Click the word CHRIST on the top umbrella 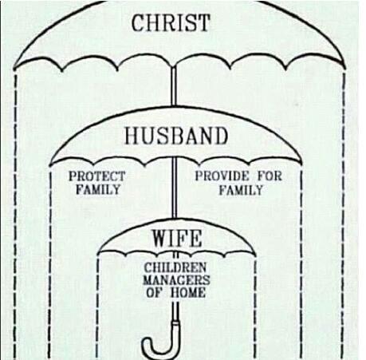[171, 22]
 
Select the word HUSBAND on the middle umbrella [176, 136]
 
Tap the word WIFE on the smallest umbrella [177, 238]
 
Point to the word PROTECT [96, 176]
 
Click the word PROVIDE [222, 176]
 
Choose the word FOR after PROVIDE [270, 176]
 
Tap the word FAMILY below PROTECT [98, 189]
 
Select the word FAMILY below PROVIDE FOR [241, 190]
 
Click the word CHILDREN [175, 267]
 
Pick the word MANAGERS [176, 280]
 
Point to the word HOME [187, 293]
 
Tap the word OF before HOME [154, 293]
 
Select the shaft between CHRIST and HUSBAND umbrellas [174, 85]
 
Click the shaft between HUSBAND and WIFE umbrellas [175, 188]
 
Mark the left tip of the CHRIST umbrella [14, 69]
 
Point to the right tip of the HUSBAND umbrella [302, 164]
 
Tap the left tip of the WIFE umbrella [98, 253]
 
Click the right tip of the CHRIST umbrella [345, 68]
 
